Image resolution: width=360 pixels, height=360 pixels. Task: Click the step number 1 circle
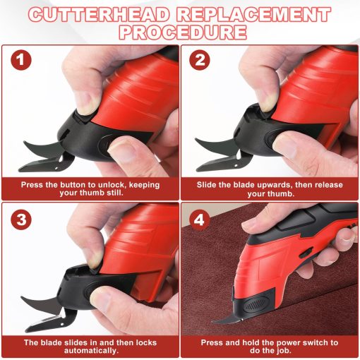point(21,60)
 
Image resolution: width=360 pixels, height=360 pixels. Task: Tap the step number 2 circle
point(200,60)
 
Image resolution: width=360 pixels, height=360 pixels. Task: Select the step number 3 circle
point(21,220)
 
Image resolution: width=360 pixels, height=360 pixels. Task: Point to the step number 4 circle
point(200,220)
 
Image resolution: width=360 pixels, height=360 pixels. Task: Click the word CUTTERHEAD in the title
point(99,15)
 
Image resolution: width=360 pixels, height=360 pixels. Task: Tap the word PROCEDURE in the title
point(183,32)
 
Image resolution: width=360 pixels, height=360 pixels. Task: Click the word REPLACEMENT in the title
point(253,15)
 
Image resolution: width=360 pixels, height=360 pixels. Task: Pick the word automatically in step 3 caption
point(91,351)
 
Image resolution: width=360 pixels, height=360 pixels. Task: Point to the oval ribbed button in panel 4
point(256,305)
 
